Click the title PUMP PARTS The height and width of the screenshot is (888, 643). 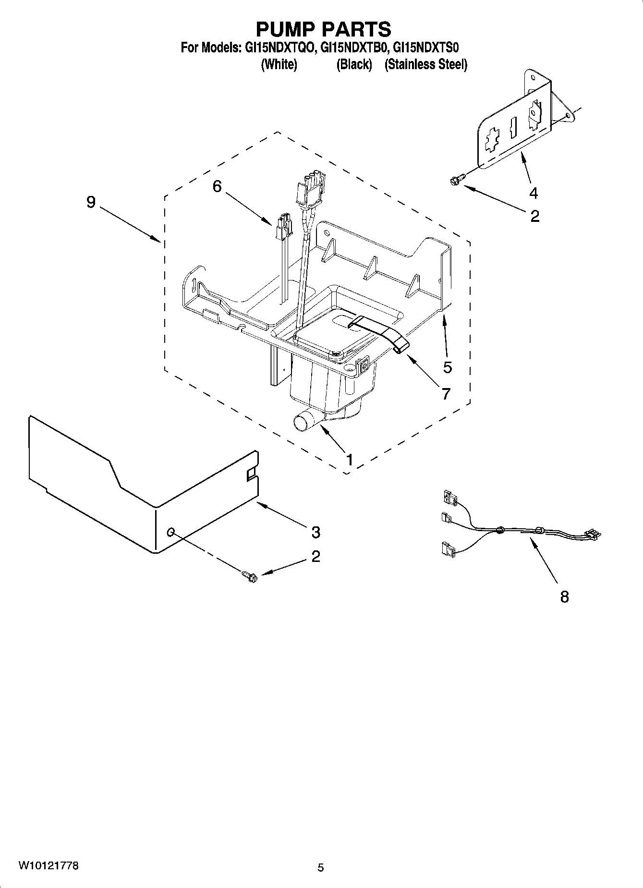323,29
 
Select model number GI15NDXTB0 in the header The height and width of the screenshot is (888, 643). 353,48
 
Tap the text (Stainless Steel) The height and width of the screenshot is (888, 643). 425,64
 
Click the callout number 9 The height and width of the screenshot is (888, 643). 91,202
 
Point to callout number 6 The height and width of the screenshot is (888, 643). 217,186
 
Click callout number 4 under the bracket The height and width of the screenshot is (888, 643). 534,193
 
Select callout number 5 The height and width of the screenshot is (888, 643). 447,367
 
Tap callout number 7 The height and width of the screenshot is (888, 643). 446,394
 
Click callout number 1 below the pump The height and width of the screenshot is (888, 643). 350,460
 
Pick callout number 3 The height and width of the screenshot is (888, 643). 315,532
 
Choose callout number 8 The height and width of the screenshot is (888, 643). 564,597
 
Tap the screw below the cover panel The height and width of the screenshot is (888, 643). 250,575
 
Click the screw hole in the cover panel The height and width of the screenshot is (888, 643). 171,532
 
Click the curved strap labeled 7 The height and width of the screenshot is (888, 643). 384,331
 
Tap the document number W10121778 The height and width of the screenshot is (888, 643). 49,865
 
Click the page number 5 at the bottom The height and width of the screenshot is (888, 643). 321,867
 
